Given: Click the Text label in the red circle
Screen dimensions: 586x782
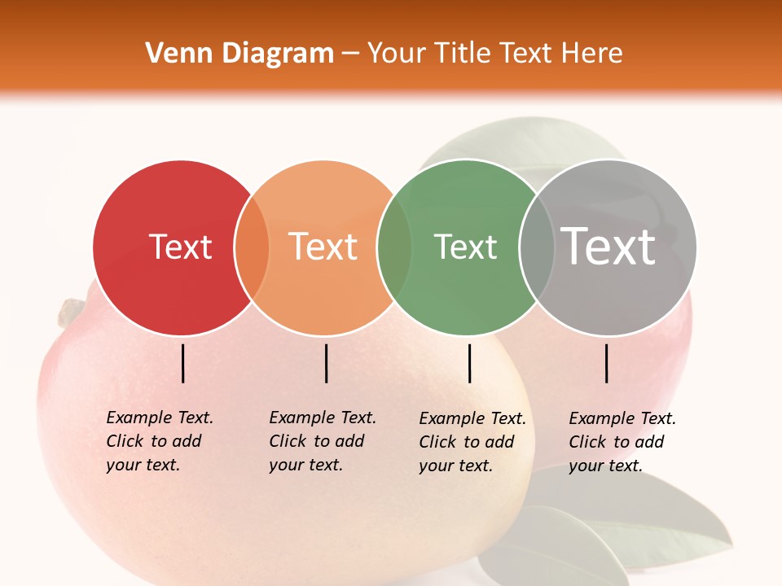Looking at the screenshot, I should pos(180,247).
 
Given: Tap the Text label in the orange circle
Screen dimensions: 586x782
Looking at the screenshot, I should pos(323,247).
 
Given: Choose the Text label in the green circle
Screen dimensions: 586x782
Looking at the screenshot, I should pos(465,247).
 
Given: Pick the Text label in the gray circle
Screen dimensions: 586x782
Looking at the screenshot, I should pos(608,246).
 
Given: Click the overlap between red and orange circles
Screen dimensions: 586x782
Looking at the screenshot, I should pos(252,247).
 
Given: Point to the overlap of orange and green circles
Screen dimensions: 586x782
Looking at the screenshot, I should pos(393,247).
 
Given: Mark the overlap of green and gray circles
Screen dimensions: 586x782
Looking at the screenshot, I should pos(537,247).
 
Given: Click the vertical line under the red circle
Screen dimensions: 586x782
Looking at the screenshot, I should pos(182,363).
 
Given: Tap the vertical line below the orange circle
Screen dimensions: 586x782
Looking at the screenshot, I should pos(326,363).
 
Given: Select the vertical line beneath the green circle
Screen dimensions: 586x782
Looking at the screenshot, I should pos(469,363).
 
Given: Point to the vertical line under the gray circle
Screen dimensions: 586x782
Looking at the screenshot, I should pos(607,363).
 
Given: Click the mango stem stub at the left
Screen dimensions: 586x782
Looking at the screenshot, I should pos(72,310).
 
